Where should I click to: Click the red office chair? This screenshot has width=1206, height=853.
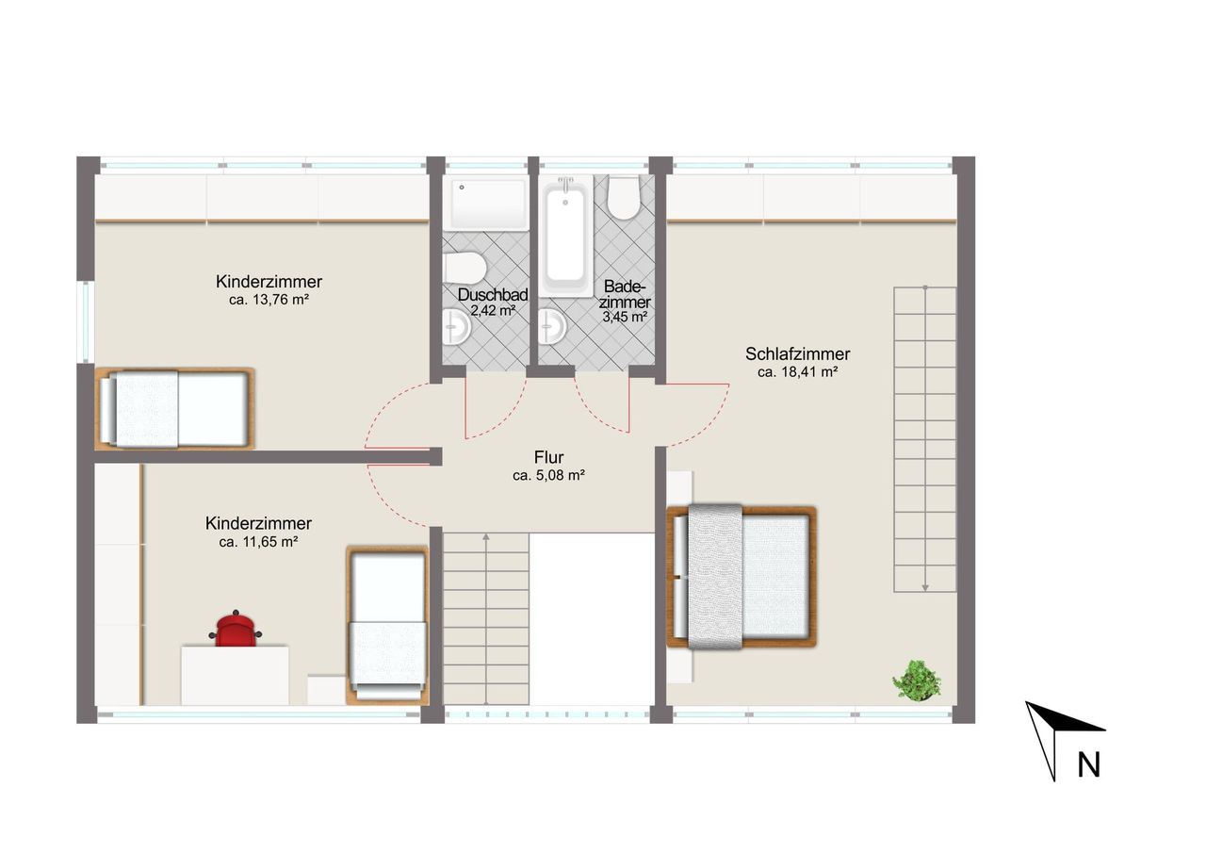tap(236, 629)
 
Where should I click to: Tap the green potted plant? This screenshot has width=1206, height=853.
tap(917, 681)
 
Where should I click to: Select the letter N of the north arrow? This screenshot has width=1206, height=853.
tap(1088, 764)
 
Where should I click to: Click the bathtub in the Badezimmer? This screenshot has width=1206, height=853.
tap(565, 236)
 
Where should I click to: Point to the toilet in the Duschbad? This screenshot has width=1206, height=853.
tap(465, 268)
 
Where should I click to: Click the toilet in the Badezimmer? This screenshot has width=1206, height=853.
tap(624, 197)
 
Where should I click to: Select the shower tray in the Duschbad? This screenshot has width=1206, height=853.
tap(488, 205)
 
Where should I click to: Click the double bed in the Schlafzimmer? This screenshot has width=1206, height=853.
tap(742, 576)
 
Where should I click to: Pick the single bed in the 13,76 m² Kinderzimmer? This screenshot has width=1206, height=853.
tap(174, 409)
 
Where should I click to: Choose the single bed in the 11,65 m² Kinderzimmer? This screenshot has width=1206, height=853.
tap(387, 625)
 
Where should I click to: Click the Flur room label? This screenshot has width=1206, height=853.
tap(548, 457)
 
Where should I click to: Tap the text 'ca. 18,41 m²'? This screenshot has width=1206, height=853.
tap(797, 372)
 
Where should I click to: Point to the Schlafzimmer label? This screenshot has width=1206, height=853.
tap(797, 353)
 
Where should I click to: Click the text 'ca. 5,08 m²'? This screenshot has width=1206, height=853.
tap(548, 475)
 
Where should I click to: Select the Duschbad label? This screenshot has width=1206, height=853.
tap(493, 295)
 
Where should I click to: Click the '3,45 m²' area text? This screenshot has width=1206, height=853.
tap(625, 318)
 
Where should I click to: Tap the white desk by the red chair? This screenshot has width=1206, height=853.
tap(235, 675)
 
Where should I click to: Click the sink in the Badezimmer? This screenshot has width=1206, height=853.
tap(552, 326)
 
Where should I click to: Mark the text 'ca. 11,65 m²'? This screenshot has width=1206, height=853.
tap(258, 542)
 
